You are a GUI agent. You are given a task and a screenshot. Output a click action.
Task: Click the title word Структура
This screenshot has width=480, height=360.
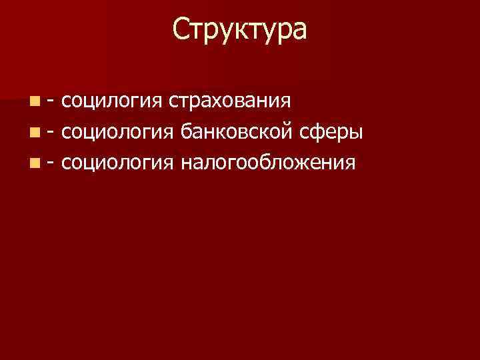240,31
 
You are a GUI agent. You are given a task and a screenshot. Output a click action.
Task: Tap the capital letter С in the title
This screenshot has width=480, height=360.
181,30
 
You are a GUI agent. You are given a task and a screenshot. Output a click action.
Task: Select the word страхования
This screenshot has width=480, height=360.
230,102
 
